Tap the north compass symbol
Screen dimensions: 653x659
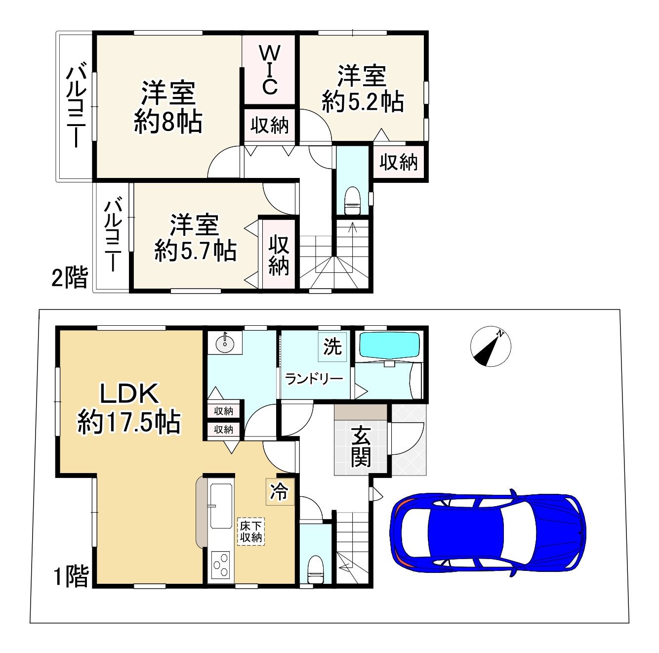click(x=490, y=347)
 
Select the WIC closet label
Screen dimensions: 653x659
click(x=270, y=70)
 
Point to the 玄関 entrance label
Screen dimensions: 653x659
click(x=361, y=447)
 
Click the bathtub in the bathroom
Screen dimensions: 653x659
click(x=389, y=345)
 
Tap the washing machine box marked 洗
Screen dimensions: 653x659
click(x=332, y=347)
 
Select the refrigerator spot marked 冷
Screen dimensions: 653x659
click(x=280, y=491)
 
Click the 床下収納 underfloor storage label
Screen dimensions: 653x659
click(x=251, y=531)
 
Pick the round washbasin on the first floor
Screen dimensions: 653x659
click(x=225, y=343)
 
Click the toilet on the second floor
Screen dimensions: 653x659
click(x=352, y=201)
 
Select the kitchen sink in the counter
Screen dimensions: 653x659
click(x=221, y=505)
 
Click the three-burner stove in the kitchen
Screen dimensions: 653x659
click(x=220, y=564)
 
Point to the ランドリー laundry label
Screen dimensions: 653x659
click(x=314, y=379)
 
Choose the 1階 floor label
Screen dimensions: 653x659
click(x=71, y=576)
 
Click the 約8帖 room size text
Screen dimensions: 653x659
click(x=168, y=121)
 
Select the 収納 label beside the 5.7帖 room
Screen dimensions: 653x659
click(x=279, y=255)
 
